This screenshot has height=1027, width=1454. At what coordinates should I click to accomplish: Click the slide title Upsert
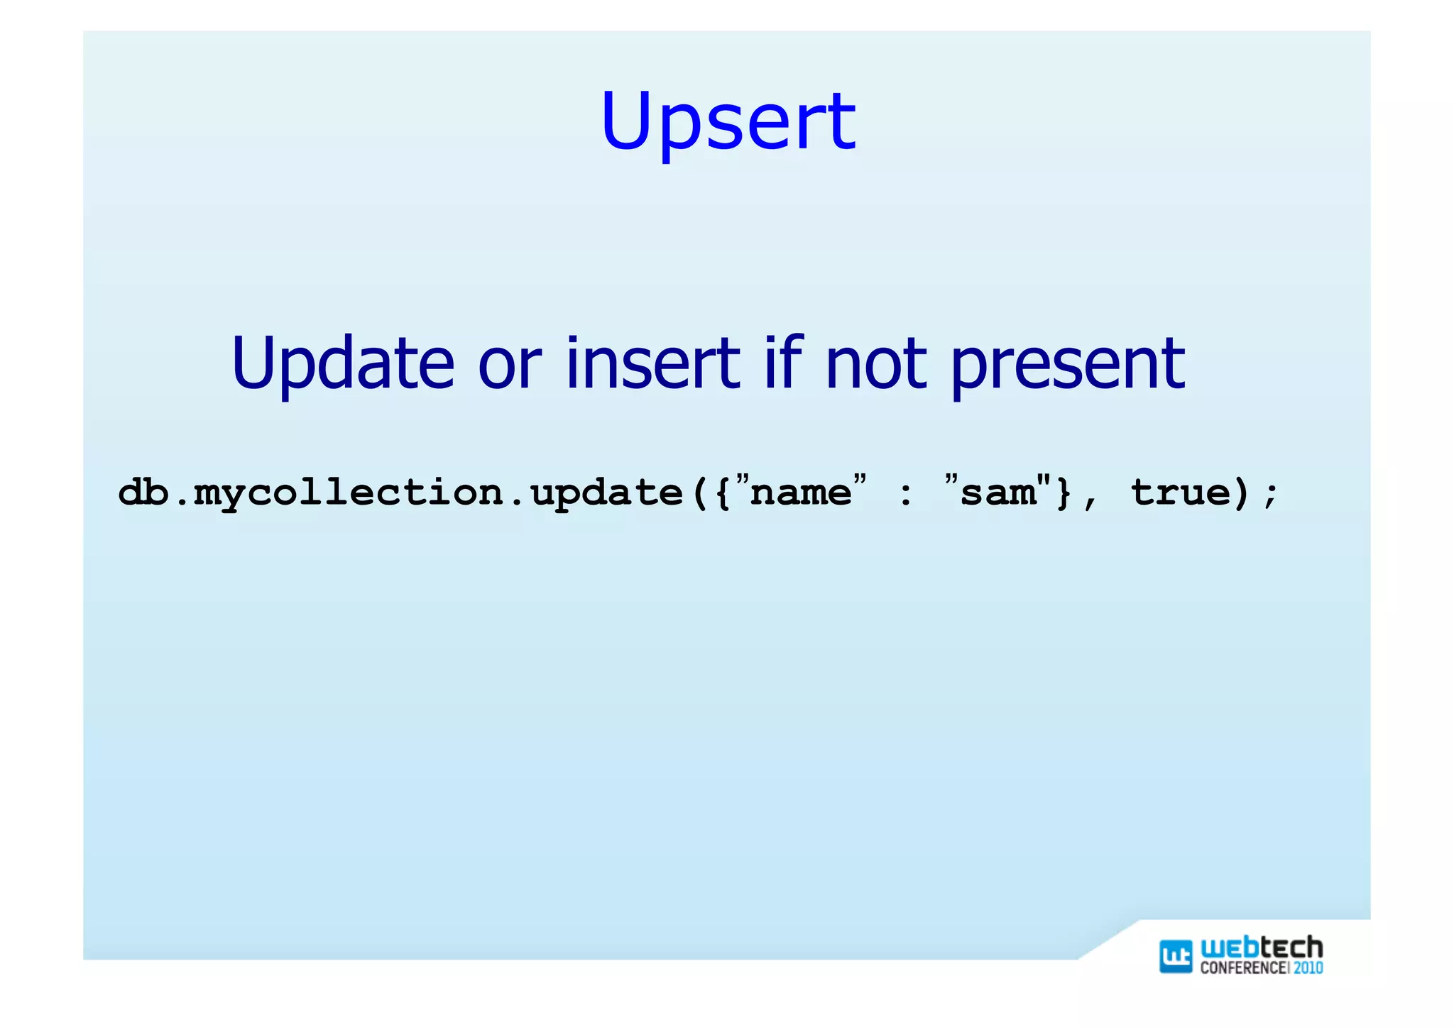point(728,122)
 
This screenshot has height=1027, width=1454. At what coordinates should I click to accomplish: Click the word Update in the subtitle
point(342,363)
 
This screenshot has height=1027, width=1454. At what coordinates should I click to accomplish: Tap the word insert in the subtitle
point(652,363)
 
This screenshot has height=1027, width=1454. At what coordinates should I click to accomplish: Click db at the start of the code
point(143,492)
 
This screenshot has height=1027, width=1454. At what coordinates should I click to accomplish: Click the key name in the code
point(800,492)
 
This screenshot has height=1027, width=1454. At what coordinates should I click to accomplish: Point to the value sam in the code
point(997,492)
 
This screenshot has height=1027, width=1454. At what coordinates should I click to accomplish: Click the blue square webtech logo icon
point(1175,955)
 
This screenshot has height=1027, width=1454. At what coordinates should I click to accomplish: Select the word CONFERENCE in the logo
point(1243,967)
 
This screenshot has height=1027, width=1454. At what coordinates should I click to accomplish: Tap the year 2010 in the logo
point(1308,967)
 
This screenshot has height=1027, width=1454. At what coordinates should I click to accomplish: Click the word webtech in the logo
point(1262,948)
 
